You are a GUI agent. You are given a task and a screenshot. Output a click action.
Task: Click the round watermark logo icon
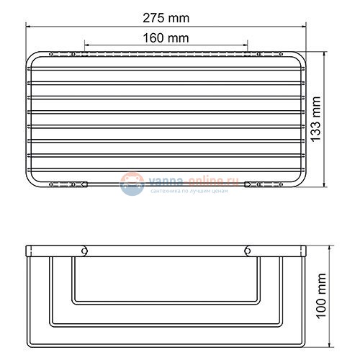click(x=131, y=184)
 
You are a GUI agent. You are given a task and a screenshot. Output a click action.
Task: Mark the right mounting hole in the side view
click(x=248, y=251)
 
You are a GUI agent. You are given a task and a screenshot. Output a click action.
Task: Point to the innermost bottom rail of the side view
click(x=166, y=299)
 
